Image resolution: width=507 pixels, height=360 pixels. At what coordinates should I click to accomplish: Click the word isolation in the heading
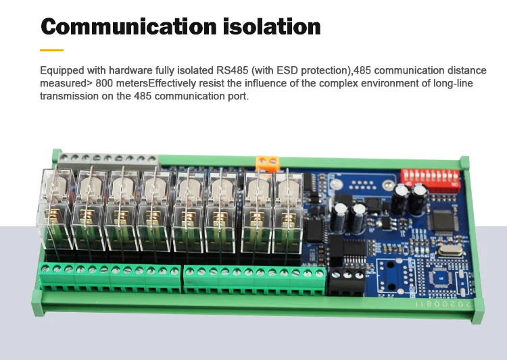point(272,26)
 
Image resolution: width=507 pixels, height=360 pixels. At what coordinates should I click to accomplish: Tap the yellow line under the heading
point(51,50)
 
